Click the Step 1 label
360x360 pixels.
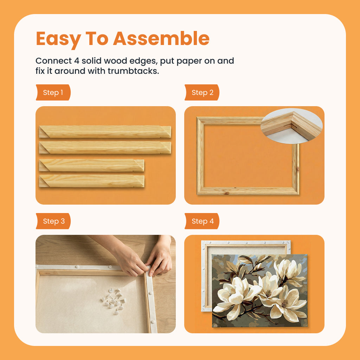click(53, 92)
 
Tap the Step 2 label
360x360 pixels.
click(202, 92)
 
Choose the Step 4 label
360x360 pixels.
click(202, 221)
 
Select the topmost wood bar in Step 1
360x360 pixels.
click(105, 131)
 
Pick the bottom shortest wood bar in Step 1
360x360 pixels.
click(91, 181)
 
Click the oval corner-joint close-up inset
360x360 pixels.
click(291, 126)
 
